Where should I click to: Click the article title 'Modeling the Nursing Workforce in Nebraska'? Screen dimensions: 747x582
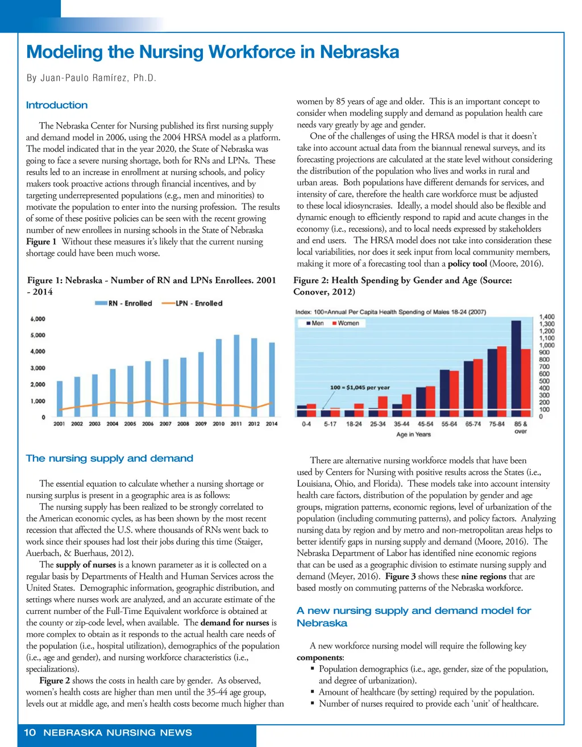[x=213, y=52]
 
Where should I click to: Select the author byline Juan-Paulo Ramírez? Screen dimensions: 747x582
[x=91, y=78]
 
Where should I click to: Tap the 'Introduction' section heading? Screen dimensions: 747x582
[x=57, y=105]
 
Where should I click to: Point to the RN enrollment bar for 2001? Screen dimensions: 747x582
[x=60, y=398]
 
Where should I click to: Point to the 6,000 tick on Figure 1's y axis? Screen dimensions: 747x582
[x=38, y=319]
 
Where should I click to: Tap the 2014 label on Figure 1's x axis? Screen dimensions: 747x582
[x=272, y=424]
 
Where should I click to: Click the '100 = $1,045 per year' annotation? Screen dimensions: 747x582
[x=360, y=388]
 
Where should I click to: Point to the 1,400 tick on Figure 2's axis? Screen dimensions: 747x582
[x=547, y=317]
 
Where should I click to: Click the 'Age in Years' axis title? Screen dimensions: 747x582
[x=413, y=434]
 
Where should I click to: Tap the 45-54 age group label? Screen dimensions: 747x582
[x=425, y=424]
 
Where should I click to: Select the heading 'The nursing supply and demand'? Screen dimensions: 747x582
[x=110, y=458]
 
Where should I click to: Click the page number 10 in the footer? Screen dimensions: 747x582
[x=30, y=732]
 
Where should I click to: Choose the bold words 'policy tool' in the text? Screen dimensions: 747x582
[x=467, y=264]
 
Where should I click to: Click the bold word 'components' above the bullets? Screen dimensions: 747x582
[x=319, y=658]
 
